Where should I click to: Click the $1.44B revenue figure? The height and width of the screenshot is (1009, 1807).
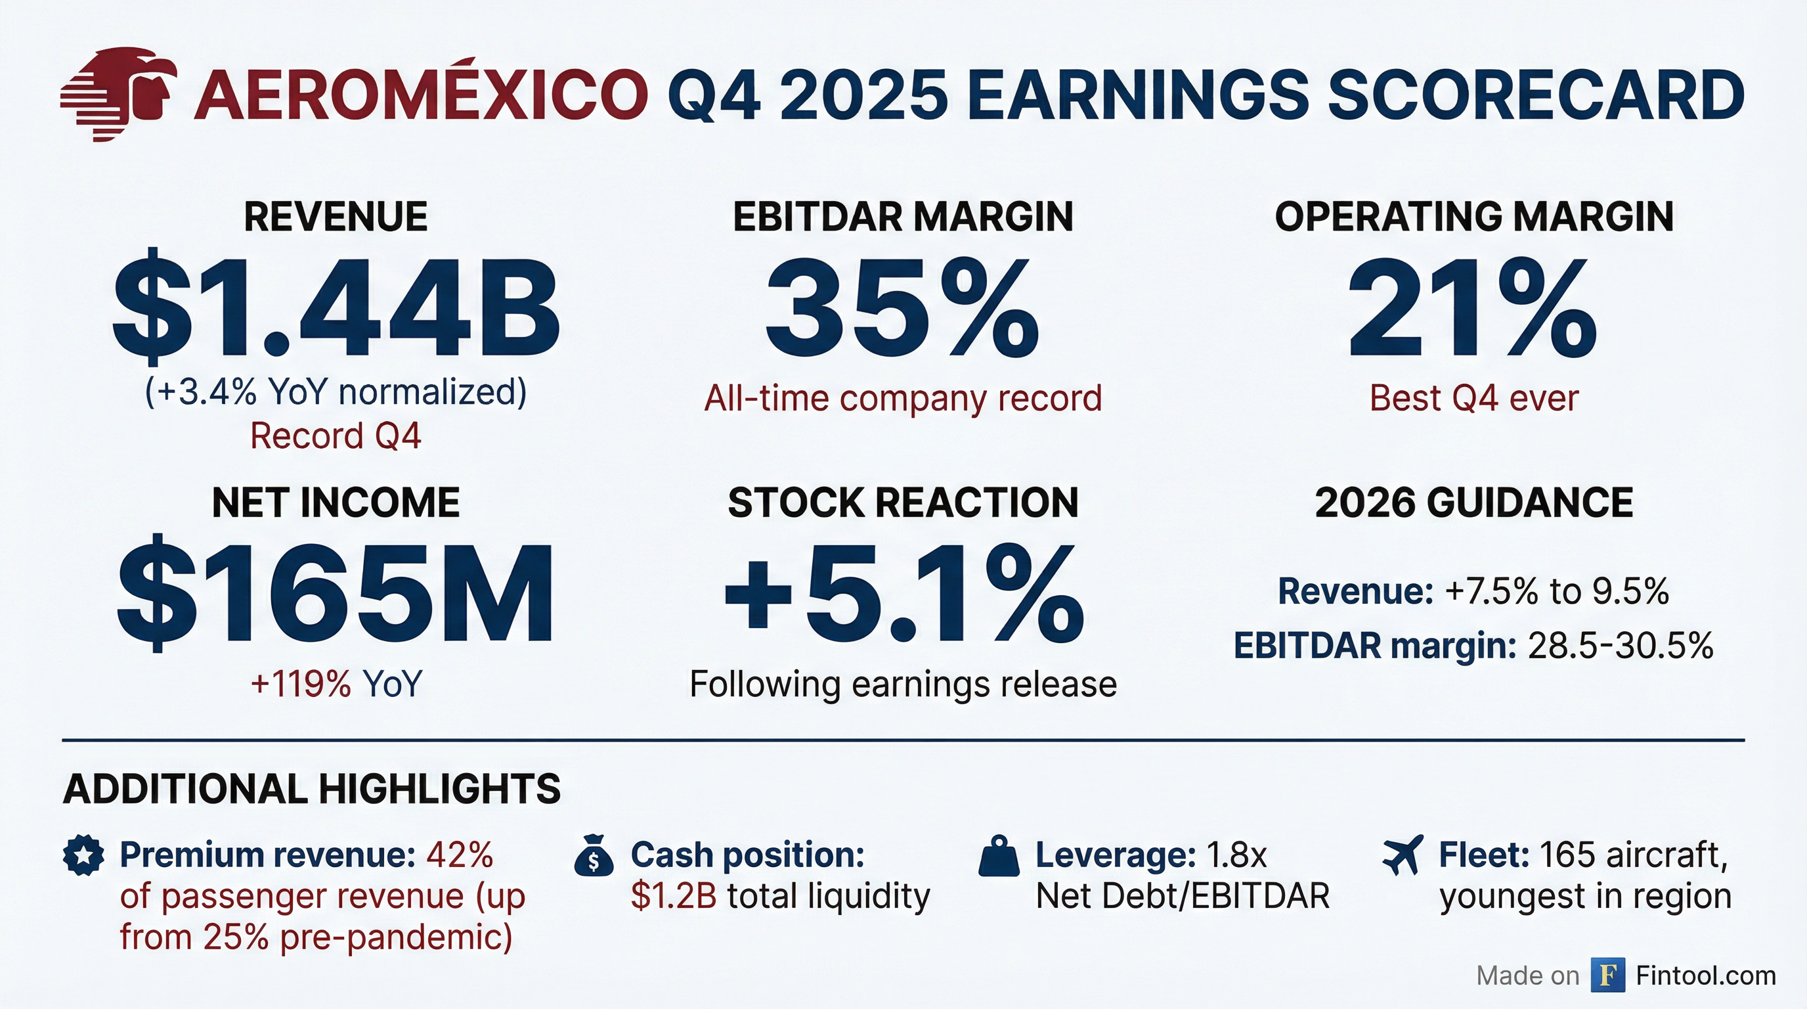tap(336, 307)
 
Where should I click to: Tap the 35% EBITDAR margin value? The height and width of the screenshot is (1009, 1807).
tap(903, 307)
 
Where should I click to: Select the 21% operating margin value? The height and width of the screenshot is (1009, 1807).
tap(1473, 307)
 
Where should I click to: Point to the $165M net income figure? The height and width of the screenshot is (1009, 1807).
tap(336, 594)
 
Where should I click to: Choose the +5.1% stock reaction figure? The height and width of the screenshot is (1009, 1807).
tap(903, 594)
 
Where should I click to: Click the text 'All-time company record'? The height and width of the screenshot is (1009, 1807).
tap(903, 399)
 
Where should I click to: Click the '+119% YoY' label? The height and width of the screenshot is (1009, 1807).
tap(336, 683)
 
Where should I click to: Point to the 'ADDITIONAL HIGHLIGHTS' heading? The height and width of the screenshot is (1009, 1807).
tap(311, 789)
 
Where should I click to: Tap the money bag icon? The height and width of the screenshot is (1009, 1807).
tap(594, 855)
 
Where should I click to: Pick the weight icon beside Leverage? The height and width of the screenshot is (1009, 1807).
tap(998, 857)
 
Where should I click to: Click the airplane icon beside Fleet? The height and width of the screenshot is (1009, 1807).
tap(1403, 855)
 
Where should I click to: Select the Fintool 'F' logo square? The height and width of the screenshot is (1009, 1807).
tap(1608, 975)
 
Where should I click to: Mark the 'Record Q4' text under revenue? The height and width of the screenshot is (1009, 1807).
tap(336, 436)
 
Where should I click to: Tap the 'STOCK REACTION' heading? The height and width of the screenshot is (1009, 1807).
tap(903, 503)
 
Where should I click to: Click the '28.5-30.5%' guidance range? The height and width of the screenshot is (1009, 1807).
tap(1621, 646)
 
